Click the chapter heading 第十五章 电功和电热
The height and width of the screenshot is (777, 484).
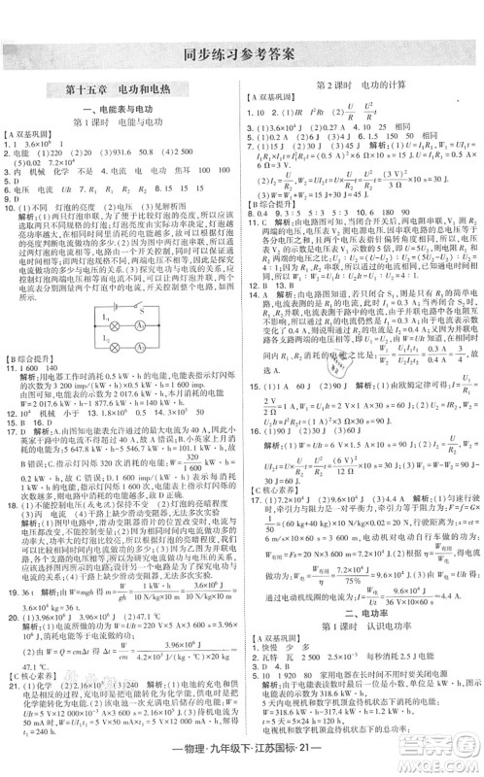tap(122, 89)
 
